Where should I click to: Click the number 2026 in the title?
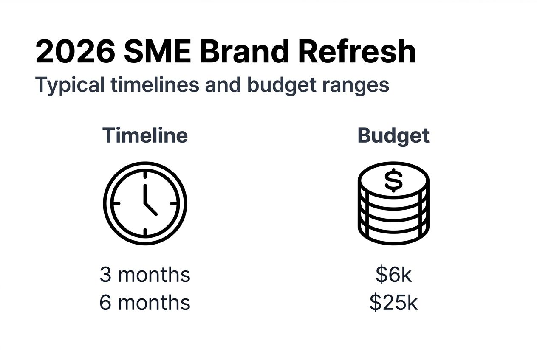pyautogui.click(x=75, y=52)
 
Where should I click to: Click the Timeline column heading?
pyautogui.click(x=145, y=135)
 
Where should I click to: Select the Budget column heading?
pyautogui.click(x=393, y=136)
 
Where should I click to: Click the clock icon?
pyautogui.click(x=145, y=203)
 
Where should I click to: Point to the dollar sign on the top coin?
pyautogui.click(x=393, y=180)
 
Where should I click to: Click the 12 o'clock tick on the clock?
pyautogui.click(x=145, y=175)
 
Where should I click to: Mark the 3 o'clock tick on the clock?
pyautogui.click(x=174, y=203)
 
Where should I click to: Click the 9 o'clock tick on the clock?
pyautogui.click(x=116, y=203)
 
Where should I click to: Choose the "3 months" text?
pyautogui.click(x=145, y=275)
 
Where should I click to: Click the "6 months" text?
pyautogui.click(x=145, y=303)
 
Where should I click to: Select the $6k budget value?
pyautogui.click(x=393, y=275)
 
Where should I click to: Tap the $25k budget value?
pyautogui.click(x=393, y=303)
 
